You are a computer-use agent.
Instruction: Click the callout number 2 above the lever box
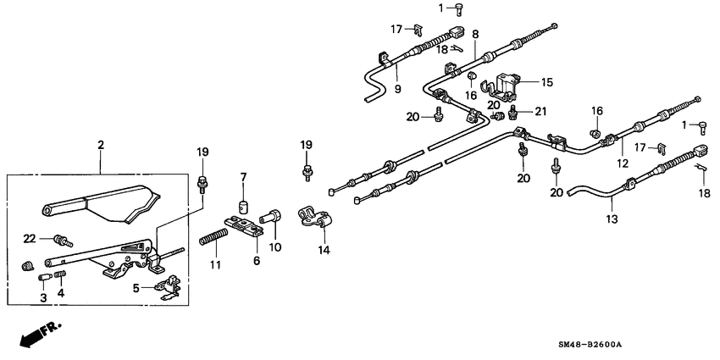[x=100, y=146]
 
